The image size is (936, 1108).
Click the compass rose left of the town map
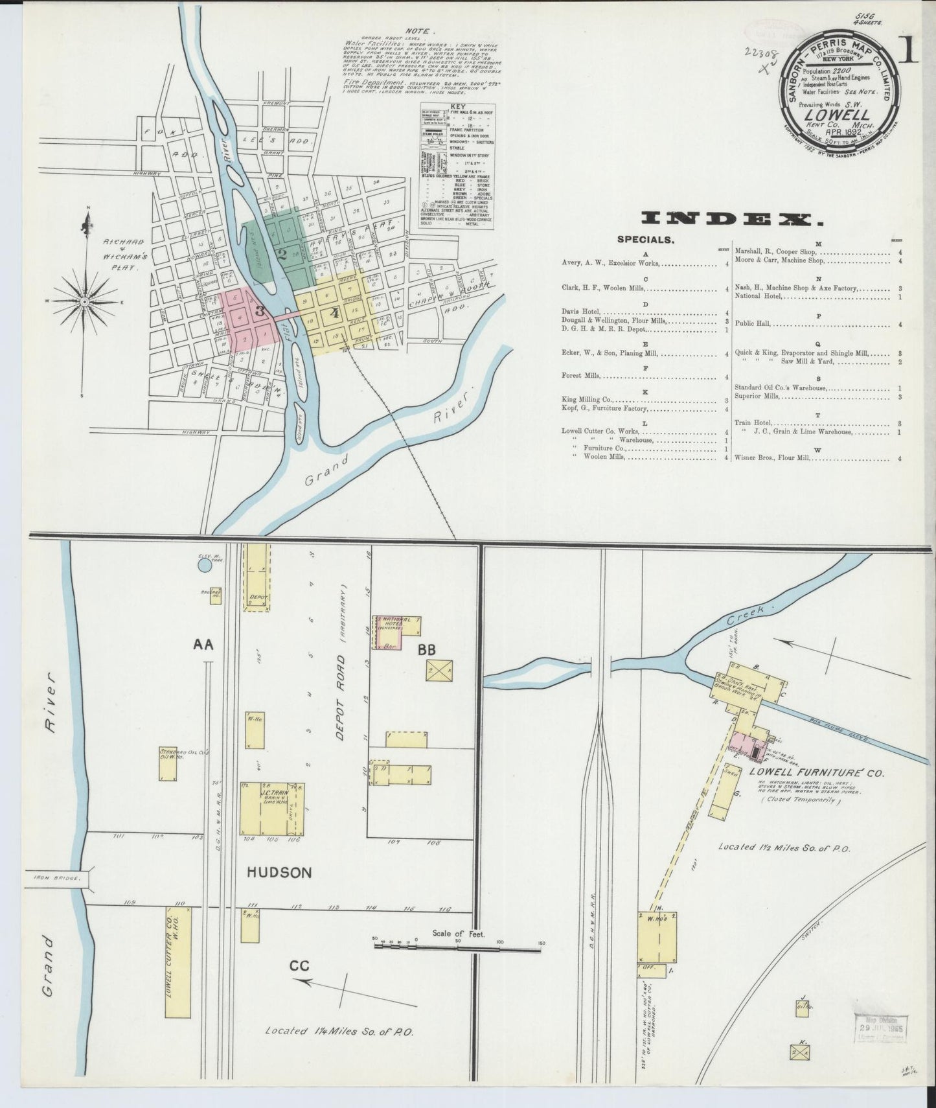pyautogui.click(x=85, y=302)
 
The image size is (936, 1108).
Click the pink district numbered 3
pyautogui.click(x=249, y=317)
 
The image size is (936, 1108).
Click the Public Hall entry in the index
pyautogui.click(x=754, y=324)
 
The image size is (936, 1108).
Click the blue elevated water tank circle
pyautogui.click(x=204, y=566)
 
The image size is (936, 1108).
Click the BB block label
pyautogui.click(x=426, y=649)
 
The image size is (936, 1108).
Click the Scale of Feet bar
pyautogui.click(x=457, y=949)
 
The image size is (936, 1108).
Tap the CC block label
pyautogui.click(x=299, y=966)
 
